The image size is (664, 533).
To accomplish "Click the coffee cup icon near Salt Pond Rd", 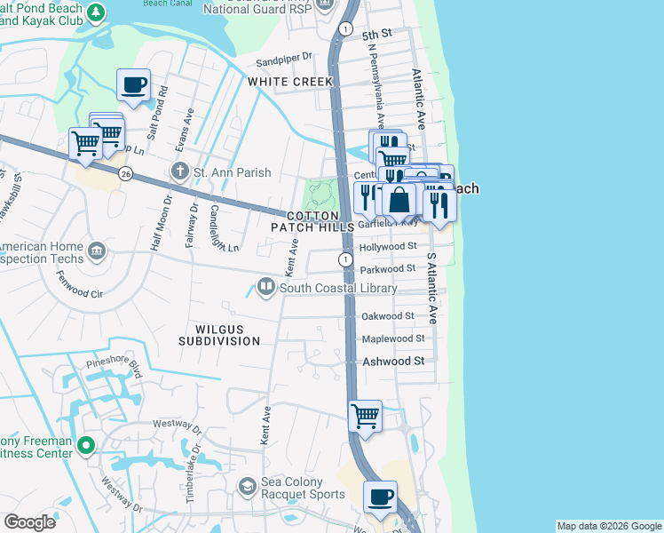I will click(133, 85).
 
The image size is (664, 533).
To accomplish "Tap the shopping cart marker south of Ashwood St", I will click(365, 416).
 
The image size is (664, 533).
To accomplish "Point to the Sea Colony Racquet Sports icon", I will click(248, 484).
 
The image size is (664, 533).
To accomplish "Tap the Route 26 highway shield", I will click(125, 174).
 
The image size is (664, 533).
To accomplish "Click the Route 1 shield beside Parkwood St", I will click(344, 259).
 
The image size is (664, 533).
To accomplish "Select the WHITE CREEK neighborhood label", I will click(290, 82).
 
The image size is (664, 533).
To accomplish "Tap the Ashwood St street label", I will click(393, 362).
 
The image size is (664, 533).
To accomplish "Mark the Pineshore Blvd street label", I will click(114, 364).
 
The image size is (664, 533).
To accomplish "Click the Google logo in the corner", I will click(29, 521).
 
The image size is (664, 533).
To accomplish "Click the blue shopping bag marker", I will click(399, 199).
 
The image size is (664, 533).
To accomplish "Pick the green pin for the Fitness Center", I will click(85, 445).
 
